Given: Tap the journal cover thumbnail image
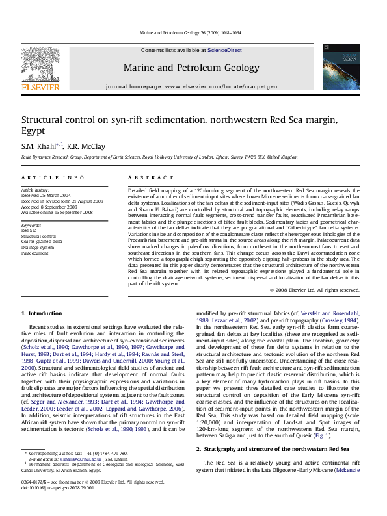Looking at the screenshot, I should coord(336,67).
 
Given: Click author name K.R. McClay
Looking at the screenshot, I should coord(83,145).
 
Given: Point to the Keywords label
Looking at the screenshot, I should coord(32,225).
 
